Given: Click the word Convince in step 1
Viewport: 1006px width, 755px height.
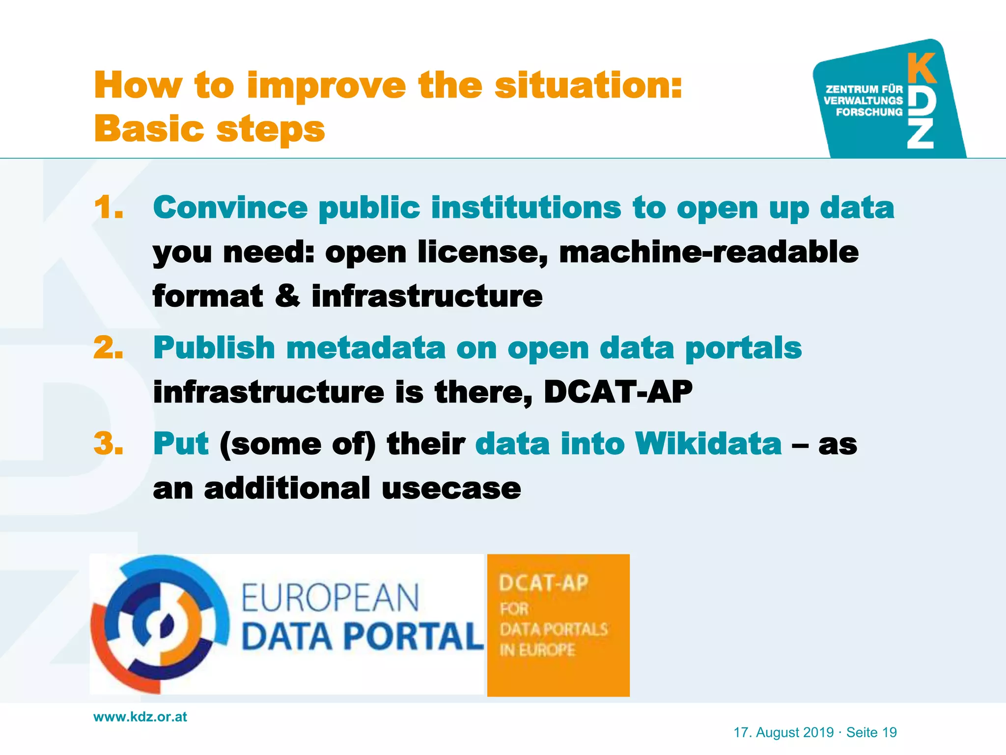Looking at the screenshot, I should [x=230, y=207].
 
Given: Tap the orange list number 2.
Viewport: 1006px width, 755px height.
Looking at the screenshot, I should [x=108, y=348].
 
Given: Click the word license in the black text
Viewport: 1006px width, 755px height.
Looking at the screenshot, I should [x=482, y=253].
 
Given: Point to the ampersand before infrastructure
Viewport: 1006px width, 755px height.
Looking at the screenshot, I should [x=287, y=296].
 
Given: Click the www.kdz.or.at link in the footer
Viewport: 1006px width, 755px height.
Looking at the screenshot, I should [x=140, y=717].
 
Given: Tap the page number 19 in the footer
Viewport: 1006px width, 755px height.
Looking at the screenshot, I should [x=889, y=732].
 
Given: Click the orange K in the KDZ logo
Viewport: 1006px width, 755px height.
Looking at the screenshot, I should [x=921, y=69].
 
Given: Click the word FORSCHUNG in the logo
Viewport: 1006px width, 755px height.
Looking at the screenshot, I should [x=869, y=112].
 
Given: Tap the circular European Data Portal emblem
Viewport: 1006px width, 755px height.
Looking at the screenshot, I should [x=160, y=624].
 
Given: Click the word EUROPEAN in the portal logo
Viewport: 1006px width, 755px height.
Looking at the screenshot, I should [x=330, y=598].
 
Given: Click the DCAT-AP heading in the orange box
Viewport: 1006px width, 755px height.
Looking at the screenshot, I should [x=543, y=583].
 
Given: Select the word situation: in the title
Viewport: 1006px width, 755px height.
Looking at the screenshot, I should [x=588, y=86].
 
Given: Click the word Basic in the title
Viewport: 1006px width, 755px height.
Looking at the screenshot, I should [x=149, y=129].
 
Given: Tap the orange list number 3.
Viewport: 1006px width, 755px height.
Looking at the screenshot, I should [x=108, y=444].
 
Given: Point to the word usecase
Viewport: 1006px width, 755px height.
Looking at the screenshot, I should [x=451, y=489].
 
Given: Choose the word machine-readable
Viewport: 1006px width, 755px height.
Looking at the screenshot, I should [x=709, y=253].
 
